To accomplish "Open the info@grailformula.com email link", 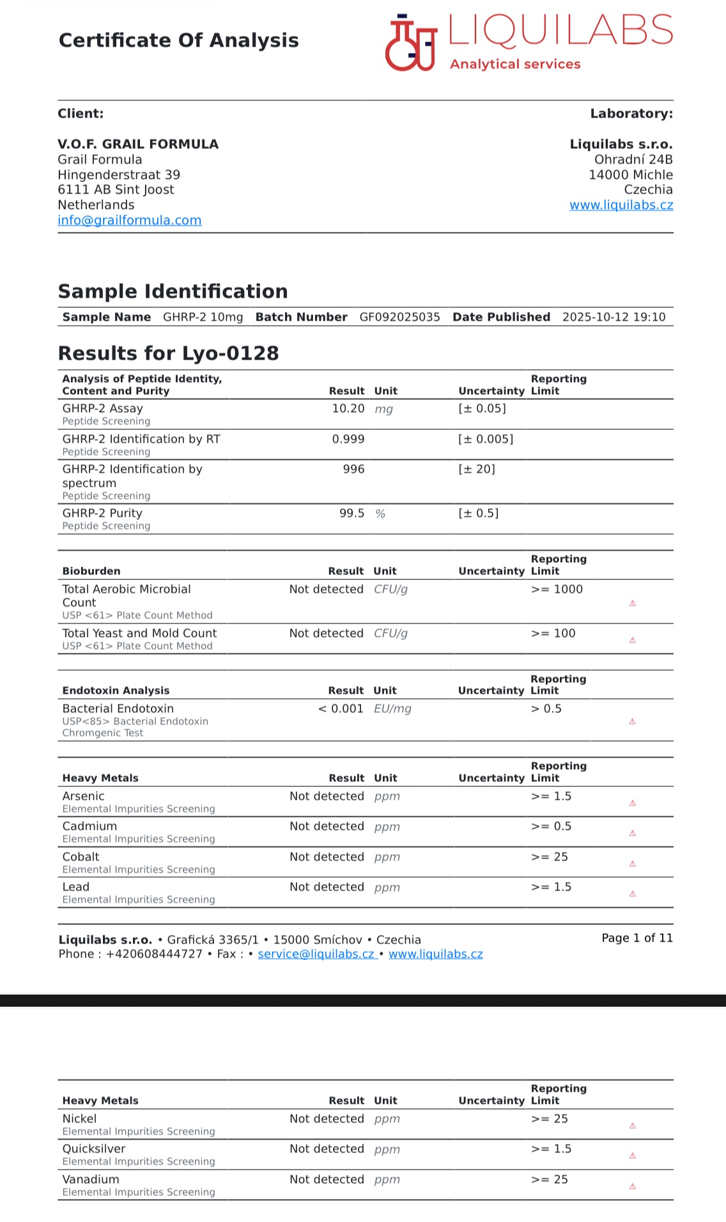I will (x=130, y=220).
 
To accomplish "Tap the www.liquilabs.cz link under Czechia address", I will (x=621, y=205).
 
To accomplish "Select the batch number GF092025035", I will (x=399, y=317).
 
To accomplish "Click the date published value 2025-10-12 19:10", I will (x=614, y=317).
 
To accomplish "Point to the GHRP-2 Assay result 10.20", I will (x=348, y=409).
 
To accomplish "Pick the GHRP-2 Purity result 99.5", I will (x=351, y=514).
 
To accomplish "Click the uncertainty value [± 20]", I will (x=477, y=470).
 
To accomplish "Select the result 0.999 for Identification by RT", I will (x=348, y=439).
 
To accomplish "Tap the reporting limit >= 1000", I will (x=557, y=590).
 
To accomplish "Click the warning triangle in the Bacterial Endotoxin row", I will (x=632, y=722).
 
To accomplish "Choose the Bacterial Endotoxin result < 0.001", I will (x=341, y=709).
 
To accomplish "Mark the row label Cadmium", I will (x=89, y=827).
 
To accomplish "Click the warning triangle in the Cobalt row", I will (x=632, y=864).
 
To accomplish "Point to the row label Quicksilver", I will (x=94, y=1149).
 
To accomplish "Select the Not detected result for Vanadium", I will (x=327, y=1180).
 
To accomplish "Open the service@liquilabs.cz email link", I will (x=316, y=954).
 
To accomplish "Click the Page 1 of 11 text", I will (x=637, y=938).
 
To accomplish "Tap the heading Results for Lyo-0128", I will (x=169, y=353).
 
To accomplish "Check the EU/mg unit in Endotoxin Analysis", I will (x=392, y=709).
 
